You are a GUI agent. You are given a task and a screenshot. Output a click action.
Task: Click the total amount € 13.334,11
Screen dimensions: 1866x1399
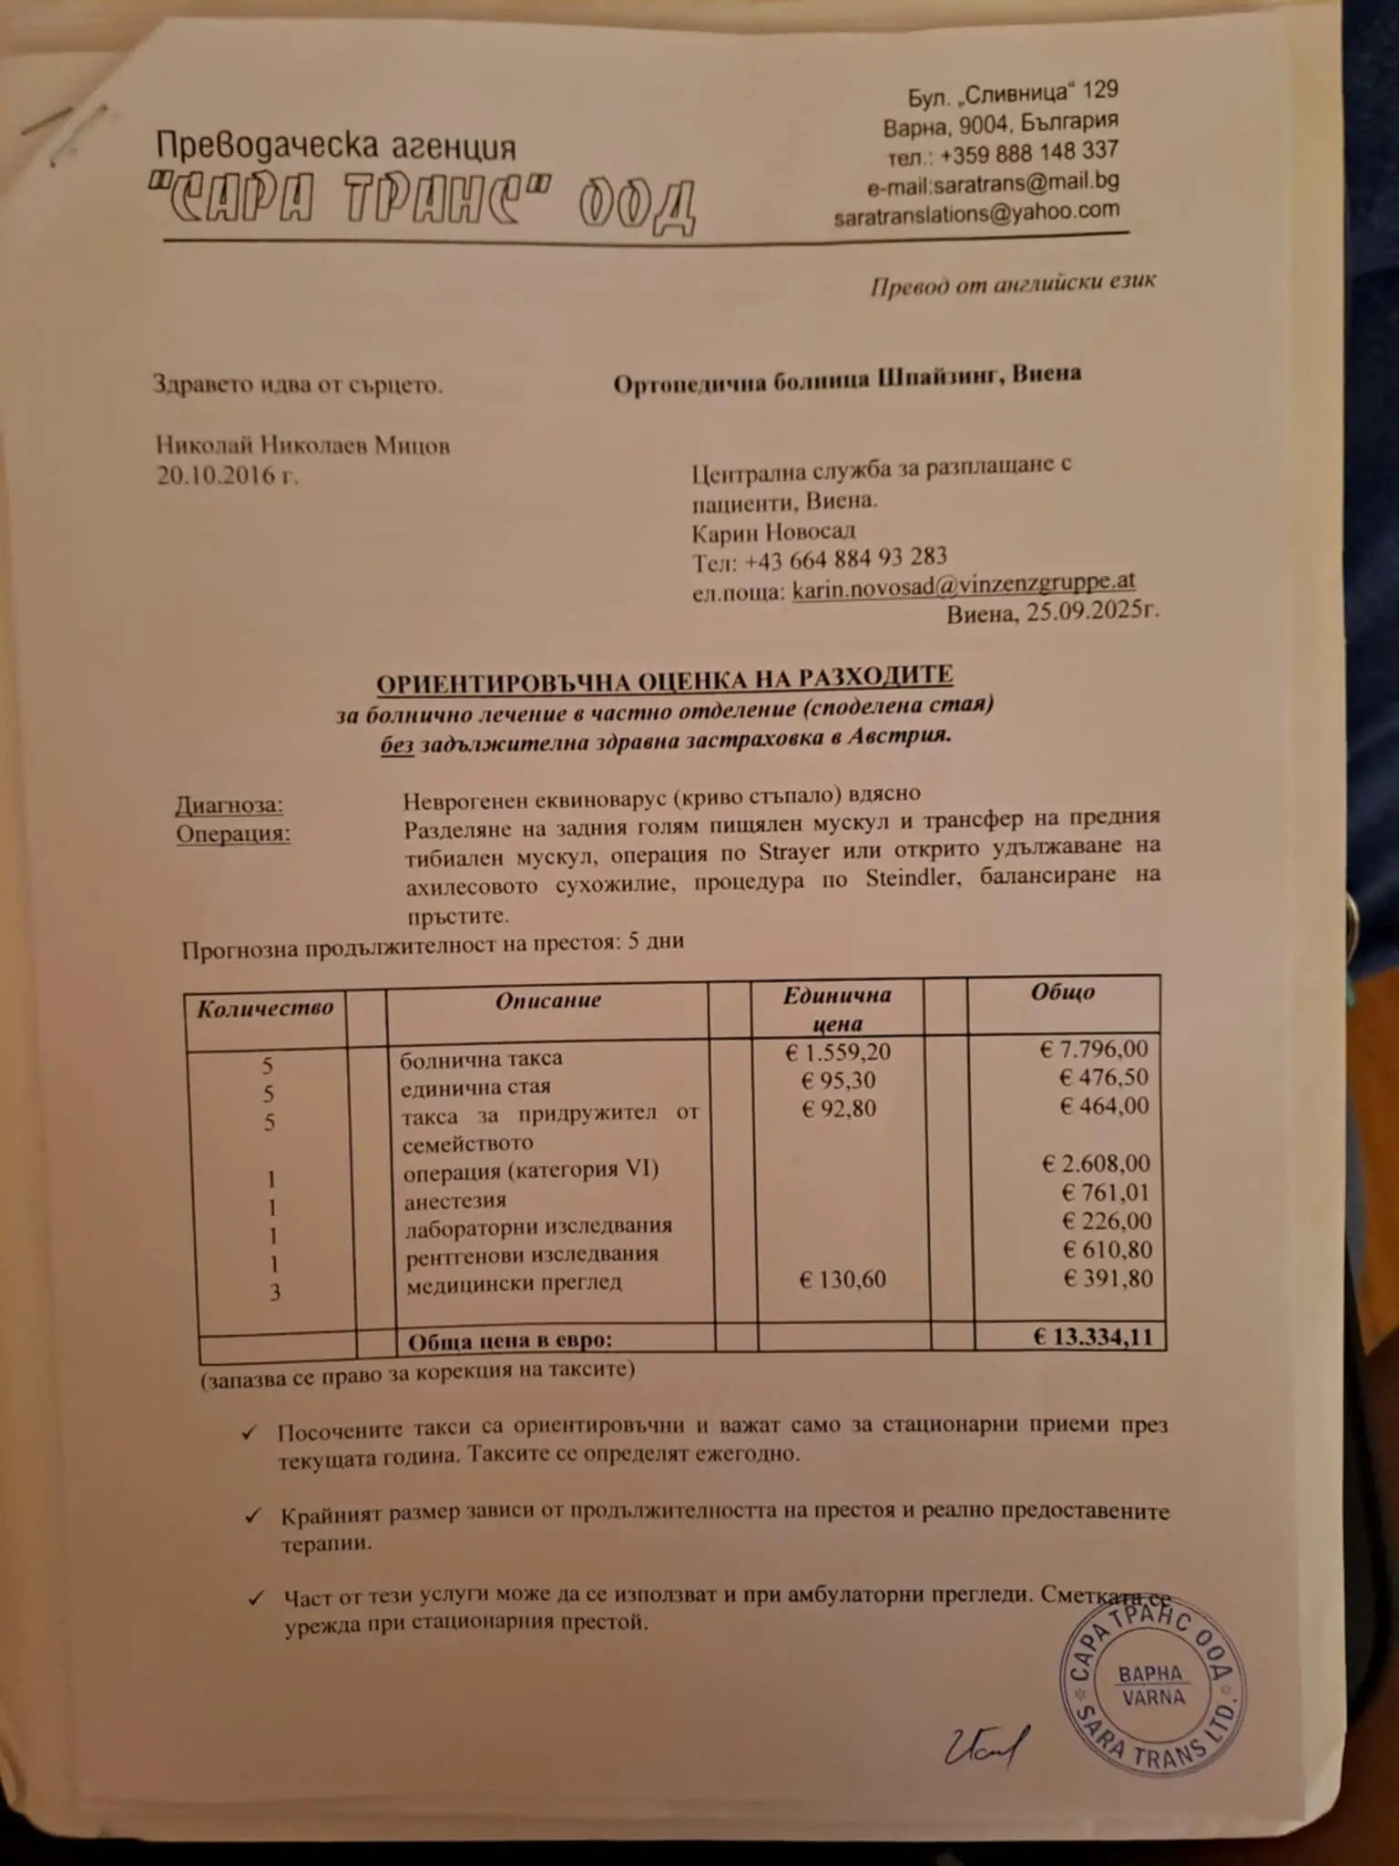coord(1092,1337)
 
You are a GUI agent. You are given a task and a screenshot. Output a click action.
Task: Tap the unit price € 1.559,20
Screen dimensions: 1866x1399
coord(837,1051)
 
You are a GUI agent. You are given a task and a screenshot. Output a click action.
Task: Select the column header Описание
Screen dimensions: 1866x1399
coord(547,1000)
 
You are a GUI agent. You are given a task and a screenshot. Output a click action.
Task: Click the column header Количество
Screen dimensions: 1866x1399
coord(265,1008)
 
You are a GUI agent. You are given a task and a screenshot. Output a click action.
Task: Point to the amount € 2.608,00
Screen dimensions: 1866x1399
coord(1096,1164)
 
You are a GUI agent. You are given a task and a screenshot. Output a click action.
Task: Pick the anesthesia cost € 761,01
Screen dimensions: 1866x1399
coord(1106,1192)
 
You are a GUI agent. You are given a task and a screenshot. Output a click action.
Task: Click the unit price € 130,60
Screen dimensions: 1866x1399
coord(842,1279)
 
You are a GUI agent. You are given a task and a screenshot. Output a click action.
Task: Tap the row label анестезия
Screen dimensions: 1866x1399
coord(454,1201)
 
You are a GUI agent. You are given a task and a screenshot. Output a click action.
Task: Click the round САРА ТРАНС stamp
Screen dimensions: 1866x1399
coord(1152,1685)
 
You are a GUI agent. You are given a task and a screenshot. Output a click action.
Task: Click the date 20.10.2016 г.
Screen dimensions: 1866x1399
coord(227,476)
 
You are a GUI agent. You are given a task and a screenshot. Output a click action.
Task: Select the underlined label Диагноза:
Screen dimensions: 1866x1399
coord(229,805)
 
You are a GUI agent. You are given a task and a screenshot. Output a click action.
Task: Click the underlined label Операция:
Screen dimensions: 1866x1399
coord(233,834)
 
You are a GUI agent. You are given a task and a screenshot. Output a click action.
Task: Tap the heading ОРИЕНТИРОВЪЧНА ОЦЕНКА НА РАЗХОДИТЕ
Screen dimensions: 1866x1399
coord(665,680)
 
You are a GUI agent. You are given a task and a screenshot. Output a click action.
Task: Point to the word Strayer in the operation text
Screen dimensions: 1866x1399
coord(793,852)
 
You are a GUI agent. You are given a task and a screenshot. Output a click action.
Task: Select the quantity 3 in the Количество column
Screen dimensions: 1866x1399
coord(274,1292)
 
